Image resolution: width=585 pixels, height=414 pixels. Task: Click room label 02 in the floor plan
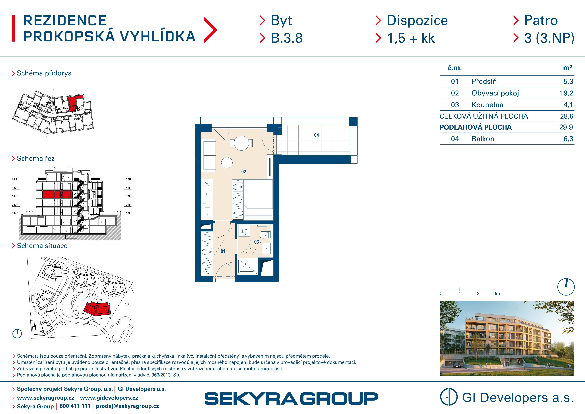[244, 172]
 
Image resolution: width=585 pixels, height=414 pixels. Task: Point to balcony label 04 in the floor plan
[316, 135]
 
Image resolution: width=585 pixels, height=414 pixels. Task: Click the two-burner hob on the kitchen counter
[207, 184]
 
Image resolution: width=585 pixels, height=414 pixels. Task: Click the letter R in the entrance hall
[229, 266]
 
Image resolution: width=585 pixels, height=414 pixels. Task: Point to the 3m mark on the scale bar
[497, 293]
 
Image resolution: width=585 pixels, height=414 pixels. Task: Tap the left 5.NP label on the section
[15, 180]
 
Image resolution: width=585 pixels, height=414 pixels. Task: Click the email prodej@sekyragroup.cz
[127, 406]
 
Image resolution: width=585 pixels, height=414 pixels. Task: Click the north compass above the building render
[566, 287]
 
